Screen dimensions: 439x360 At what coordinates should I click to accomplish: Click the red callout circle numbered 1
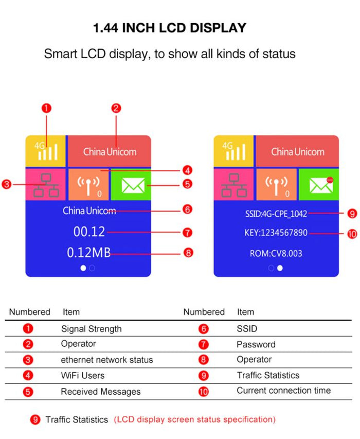coord(47,108)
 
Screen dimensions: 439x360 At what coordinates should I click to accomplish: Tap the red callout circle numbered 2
coord(116,108)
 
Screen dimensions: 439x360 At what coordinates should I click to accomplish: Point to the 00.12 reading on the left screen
coord(89,232)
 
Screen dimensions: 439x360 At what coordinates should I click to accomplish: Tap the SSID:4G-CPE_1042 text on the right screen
coord(276,214)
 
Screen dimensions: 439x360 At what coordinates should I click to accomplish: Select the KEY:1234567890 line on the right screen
coord(276,233)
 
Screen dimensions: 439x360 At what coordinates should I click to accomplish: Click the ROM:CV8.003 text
coord(276,254)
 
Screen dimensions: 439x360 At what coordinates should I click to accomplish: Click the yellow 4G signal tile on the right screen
coord(233,151)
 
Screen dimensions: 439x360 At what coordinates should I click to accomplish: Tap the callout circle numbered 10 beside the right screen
coord(352,234)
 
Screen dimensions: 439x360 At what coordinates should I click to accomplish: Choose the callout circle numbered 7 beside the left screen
coord(187,233)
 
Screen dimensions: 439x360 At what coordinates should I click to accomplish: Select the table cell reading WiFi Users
coord(83,375)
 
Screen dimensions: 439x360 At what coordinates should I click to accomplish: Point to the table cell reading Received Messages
coord(100,392)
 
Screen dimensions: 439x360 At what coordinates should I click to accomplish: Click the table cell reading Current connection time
coord(283,391)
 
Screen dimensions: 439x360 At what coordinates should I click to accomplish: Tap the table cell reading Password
coord(256,344)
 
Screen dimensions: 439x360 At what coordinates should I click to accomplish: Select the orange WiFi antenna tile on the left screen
coord(88,184)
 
